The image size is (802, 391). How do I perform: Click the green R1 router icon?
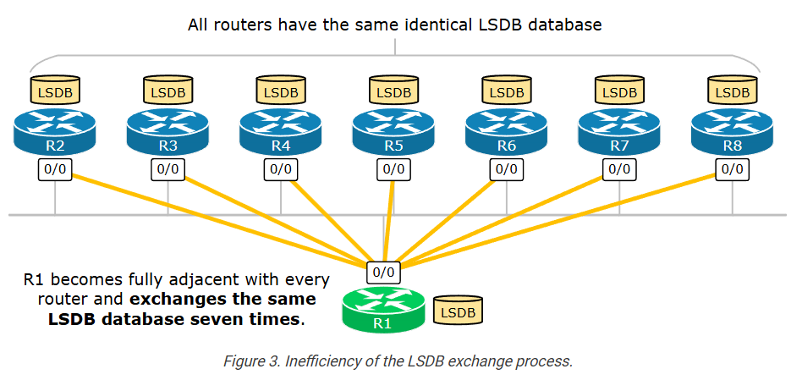tap(382, 310)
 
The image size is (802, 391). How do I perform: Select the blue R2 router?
tap(55, 132)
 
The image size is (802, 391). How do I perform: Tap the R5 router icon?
tap(393, 132)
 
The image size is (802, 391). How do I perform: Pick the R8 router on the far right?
tap(732, 132)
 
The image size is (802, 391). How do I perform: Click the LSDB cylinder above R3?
tap(168, 89)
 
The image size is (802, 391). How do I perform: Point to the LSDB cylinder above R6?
tap(507, 89)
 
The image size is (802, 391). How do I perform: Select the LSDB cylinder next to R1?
tap(459, 311)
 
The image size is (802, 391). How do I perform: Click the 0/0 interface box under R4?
tap(281, 168)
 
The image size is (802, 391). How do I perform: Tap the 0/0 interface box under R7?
tap(619, 168)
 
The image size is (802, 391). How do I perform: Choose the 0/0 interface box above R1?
tap(383, 273)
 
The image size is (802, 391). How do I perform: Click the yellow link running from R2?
tap(211, 218)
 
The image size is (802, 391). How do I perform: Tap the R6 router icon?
tap(507, 132)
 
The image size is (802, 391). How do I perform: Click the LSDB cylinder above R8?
tap(732, 89)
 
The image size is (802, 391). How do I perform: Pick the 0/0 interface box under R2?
tap(55, 168)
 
